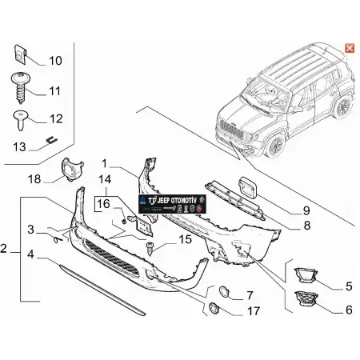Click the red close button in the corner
[x=349, y=48]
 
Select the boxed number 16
[x=104, y=205]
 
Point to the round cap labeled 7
[x=223, y=294]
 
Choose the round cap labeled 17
[x=214, y=310]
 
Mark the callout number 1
[x=103, y=170]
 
